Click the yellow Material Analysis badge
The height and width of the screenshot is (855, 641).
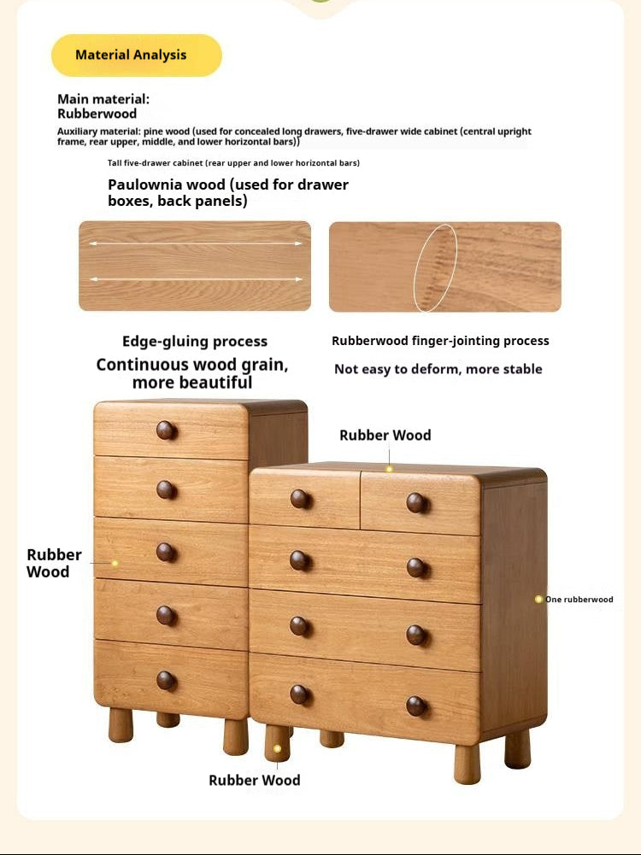point(136,56)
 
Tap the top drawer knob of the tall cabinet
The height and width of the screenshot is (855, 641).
point(167,430)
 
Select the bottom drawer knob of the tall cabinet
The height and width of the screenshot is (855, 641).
point(167,680)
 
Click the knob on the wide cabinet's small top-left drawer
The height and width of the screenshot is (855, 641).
point(300,499)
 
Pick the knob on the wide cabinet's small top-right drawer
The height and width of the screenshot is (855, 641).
point(417,502)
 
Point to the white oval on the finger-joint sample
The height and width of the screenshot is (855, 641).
point(436,267)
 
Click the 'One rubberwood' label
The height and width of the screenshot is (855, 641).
point(579,600)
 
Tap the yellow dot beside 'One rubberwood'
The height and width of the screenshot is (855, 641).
point(538,600)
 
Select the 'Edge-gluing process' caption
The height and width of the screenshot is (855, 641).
point(195,342)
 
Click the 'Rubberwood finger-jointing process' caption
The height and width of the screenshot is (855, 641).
point(440,341)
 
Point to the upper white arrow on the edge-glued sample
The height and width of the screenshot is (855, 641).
point(196,243)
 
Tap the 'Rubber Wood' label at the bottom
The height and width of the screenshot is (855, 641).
point(255,780)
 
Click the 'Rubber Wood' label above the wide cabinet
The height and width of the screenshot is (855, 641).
point(385,435)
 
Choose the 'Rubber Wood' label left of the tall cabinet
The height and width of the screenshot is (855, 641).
point(54,563)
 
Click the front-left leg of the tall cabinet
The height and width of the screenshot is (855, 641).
point(121,724)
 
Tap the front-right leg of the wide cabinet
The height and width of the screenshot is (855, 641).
point(468,763)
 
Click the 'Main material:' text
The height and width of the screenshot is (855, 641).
point(103,99)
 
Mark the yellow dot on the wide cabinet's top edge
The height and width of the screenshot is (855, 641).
point(389,469)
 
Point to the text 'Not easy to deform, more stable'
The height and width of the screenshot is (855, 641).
point(438,369)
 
